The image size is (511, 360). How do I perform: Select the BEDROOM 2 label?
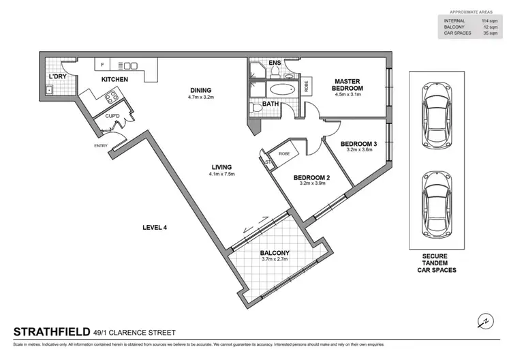(311, 178)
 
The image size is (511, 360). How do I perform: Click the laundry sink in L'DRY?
(49, 89)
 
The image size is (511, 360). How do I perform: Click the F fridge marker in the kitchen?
(102, 65)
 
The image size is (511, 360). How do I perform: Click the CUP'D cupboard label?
(112, 116)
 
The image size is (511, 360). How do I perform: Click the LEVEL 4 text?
(155, 227)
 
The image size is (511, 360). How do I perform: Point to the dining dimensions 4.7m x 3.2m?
(201, 97)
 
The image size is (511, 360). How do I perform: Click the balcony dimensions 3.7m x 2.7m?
(275, 261)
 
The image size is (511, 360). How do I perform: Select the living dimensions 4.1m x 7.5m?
(221, 175)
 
